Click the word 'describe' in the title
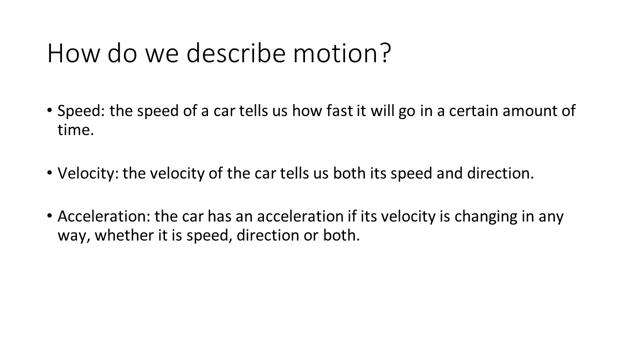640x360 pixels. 236,53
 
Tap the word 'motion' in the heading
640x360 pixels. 336,53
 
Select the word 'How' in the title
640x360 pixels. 73,53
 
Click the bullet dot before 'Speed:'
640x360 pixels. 49,110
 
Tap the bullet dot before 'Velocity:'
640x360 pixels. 49,172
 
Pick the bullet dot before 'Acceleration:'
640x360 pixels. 49,215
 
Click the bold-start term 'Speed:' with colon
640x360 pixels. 81,111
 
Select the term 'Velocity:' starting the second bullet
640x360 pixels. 88,173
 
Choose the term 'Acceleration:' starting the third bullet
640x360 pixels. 104,216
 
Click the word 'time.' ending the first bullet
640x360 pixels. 75,130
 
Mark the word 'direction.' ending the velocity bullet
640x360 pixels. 500,173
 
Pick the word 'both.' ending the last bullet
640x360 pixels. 341,235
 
